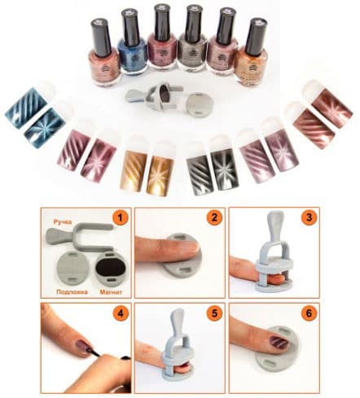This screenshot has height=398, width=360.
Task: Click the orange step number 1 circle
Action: coord(120,217)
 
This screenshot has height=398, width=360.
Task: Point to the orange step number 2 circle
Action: coord(214,217)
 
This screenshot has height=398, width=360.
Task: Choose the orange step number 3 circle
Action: coord(309,217)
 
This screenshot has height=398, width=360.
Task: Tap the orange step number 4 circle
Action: coord(120,313)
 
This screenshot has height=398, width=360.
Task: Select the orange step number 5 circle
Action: coord(214,313)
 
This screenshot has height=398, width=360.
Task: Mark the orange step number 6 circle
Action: coord(309,313)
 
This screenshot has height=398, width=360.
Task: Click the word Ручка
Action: coord(63,222)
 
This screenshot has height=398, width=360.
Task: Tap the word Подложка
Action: coord(72,291)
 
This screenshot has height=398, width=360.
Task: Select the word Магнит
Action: coord(111,291)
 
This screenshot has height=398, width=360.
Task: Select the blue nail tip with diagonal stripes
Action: coord(25,107)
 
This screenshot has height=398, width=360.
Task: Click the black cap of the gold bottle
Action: coord(256,36)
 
